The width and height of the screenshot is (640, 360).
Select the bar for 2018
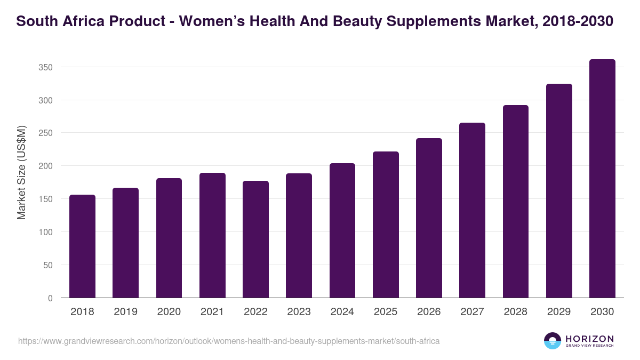(83, 246)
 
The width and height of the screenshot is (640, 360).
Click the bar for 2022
(255, 239)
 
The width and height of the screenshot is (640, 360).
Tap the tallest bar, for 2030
(602, 179)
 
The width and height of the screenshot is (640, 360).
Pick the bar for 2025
(386, 225)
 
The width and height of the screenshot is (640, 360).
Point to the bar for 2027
(472, 210)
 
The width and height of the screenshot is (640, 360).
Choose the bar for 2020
(169, 238)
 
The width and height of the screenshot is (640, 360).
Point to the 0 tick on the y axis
(50, 298)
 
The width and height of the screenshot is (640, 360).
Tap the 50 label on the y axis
(48, 265)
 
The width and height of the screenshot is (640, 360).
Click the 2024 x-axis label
(342, 312)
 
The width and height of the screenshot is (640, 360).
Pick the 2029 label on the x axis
(559, 312)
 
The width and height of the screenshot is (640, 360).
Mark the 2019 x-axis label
(125, 312)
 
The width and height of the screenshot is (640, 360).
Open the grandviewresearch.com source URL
(229, 341)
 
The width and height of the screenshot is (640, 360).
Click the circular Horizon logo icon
(553, 341)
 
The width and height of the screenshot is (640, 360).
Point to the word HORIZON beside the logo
(589, 338)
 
